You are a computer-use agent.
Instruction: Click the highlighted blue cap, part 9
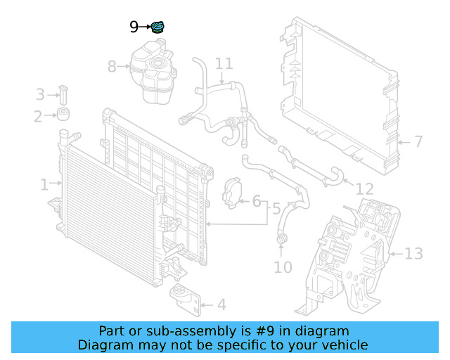160,27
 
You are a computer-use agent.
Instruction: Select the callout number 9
135,27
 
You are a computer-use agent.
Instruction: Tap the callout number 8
112,67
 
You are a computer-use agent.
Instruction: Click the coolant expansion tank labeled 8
152,70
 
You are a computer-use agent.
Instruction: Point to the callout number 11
223,64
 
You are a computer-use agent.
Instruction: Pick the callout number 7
418,142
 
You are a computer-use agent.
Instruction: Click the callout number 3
40,94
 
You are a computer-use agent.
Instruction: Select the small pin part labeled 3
63,93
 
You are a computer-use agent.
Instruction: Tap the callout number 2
38,116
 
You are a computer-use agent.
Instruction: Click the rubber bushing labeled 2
65,115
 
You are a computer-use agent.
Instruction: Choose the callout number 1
44,185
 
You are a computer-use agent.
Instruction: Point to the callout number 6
257,202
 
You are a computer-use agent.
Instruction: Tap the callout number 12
365,189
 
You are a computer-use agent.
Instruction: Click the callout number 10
283,267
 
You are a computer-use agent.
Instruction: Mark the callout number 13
414,253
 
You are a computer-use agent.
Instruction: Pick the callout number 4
221,305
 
